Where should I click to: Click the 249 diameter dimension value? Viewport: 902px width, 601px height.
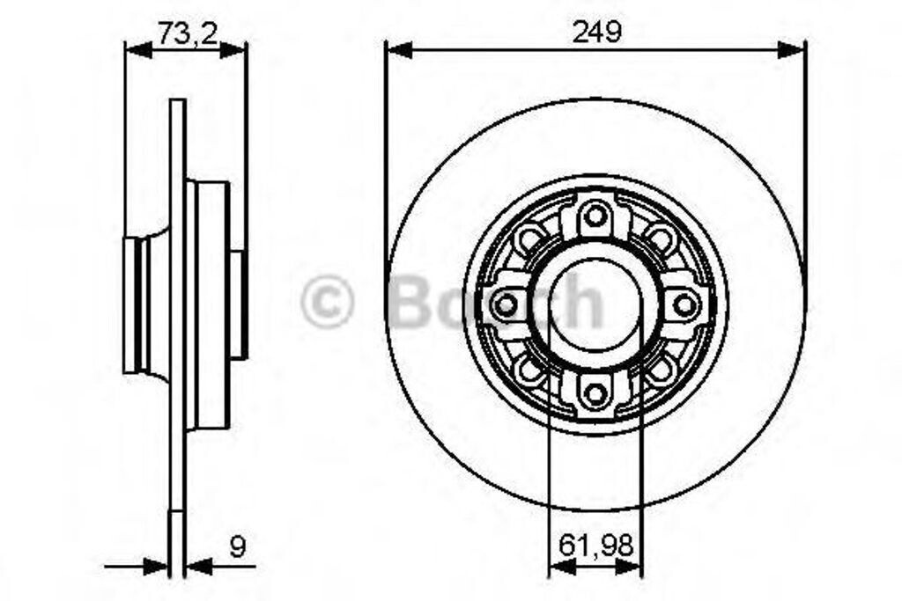click(x=596, y=33)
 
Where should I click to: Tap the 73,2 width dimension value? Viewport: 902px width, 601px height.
click(x=189, y=33)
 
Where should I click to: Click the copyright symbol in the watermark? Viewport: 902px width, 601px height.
click(x=327, y=302)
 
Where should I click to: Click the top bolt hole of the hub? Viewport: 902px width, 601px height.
click(x=595, y=216)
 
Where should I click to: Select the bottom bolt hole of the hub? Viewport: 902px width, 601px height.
click(x=595, y=393)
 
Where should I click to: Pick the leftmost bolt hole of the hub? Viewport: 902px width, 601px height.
click(x=505, y=305)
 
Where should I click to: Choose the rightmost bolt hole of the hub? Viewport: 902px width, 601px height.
click(x=684, y=305)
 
